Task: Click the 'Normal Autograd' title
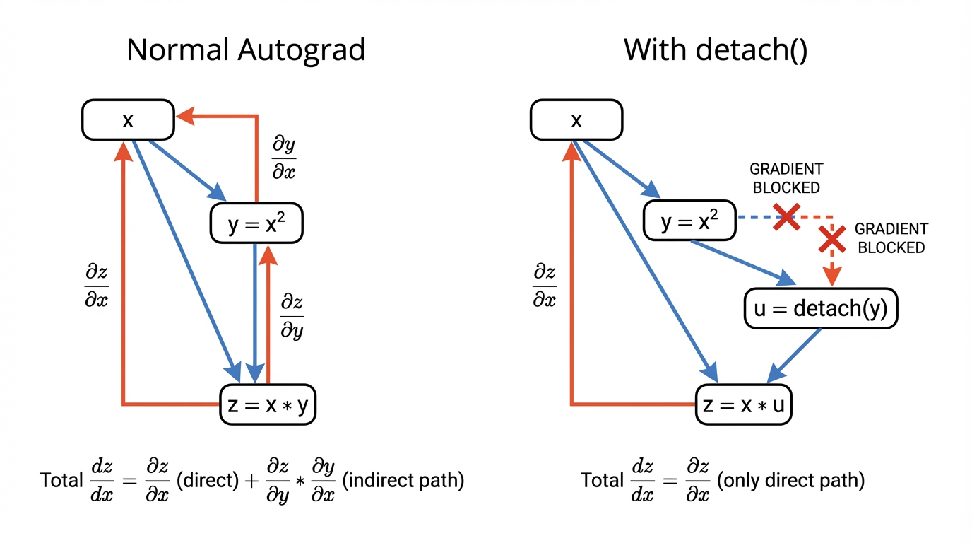246,51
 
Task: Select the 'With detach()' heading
716,51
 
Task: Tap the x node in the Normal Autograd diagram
128,120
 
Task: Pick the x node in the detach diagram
576,120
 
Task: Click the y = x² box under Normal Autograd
256,223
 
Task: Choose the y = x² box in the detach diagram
689,221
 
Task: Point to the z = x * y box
268,405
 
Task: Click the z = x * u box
744,405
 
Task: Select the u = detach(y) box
821,308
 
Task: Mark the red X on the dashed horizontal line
786,217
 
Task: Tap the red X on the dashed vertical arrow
833,240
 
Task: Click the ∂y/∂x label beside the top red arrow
284,158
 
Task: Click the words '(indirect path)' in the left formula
403,481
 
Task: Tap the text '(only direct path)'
790,481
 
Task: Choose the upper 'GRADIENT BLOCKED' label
786,178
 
